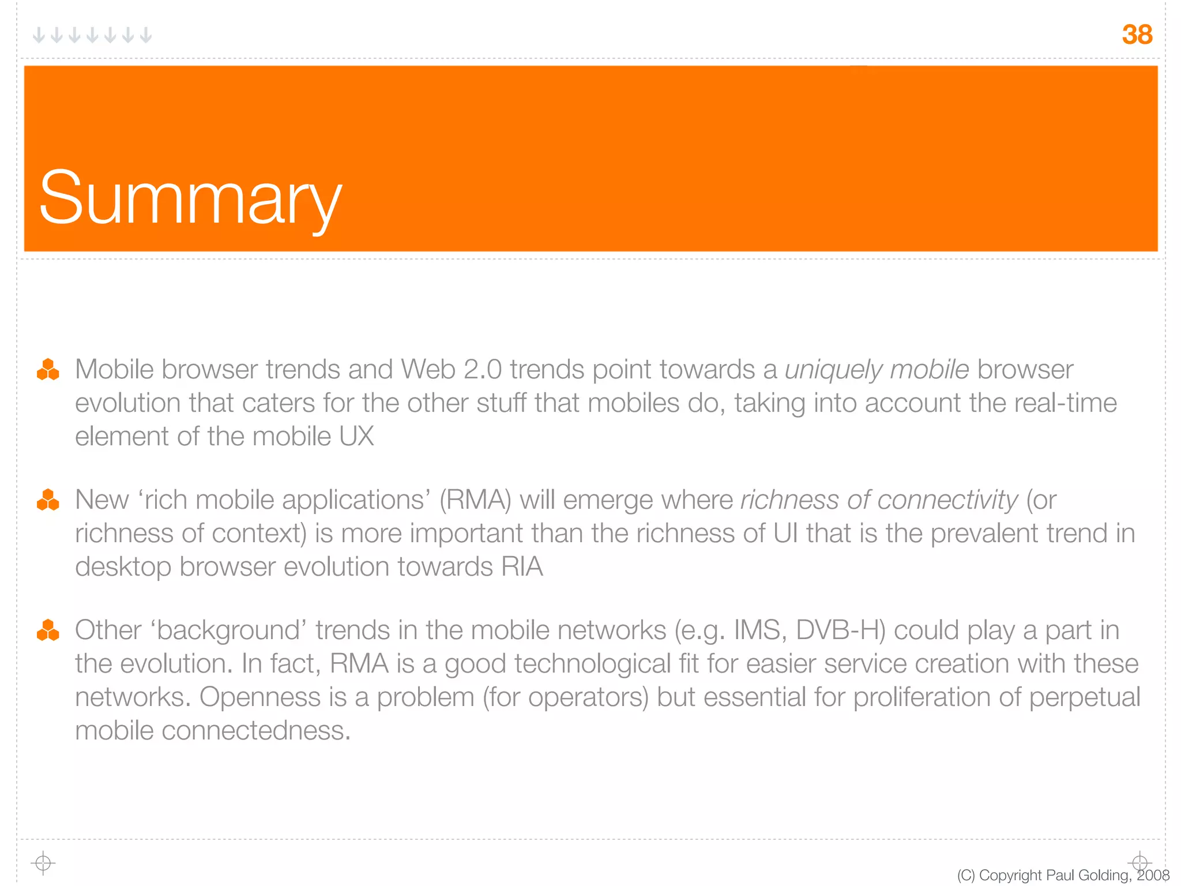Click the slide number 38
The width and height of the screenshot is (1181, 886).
[1137, 35]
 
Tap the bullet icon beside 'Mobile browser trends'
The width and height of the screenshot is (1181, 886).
[48, 370]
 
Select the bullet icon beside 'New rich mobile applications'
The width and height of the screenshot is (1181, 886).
[48, 500]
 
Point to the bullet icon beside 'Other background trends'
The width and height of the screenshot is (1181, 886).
[48, 630]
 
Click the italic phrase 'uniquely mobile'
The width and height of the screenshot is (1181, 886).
[877, 370]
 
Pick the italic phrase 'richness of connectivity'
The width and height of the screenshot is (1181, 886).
[879, 500]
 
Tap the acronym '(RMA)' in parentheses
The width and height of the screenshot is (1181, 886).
[475, 500]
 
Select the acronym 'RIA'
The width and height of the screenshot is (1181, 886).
[522, 567]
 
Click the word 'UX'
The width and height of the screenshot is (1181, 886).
[356, 437]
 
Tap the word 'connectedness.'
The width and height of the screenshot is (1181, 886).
[256, 731]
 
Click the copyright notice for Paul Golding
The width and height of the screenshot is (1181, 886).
[1063, 875]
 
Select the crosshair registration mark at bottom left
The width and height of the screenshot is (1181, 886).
[43, 864]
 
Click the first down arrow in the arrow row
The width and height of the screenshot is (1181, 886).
[39, 35]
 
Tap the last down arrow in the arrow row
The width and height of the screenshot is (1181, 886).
[146, 35]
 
